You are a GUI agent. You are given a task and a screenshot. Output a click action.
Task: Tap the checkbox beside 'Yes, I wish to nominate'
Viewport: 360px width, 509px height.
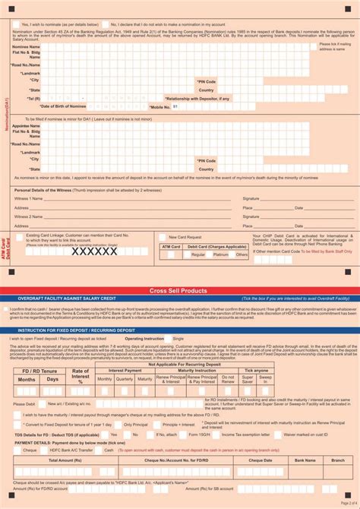[x=17, y=24]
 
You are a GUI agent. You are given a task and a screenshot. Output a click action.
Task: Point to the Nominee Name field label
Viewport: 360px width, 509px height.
[x=27, y=47]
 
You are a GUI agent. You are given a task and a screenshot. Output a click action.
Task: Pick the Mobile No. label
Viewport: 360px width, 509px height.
[x=159, y=107]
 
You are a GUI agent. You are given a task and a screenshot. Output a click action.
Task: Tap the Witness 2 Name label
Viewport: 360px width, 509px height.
[x=29, y=217]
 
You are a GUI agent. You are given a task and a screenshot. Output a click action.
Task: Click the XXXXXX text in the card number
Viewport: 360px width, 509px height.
[x=94, y=251]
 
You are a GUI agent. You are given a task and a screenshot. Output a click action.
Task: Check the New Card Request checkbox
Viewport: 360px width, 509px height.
[x=163, y=237]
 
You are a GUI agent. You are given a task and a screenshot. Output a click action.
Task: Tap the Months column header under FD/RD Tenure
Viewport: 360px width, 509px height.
[x=27, y=358]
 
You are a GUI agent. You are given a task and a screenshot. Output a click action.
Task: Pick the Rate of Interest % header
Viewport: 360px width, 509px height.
[x=80, y=354]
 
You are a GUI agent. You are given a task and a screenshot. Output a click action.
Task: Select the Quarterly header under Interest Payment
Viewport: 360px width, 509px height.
[x=124, y=357]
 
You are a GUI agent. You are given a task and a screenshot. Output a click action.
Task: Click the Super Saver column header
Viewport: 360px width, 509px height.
[x=241, y=357]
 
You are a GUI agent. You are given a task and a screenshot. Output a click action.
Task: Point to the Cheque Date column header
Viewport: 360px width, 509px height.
[x=260, y=460]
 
